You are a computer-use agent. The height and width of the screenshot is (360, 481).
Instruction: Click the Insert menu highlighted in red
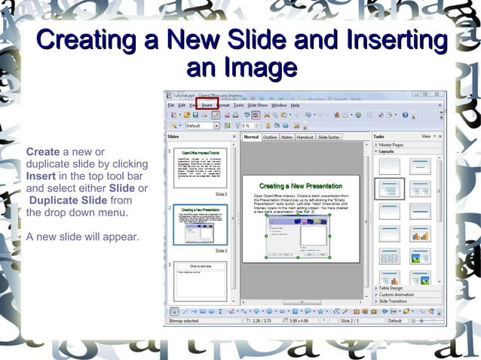[207, 105]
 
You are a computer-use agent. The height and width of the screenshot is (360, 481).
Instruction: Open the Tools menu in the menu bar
[238, 105]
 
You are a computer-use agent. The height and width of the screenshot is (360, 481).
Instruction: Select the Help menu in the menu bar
[296, 105]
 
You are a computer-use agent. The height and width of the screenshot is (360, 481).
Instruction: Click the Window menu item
[279, 105]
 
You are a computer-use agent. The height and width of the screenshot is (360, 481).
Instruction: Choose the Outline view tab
[270, 137]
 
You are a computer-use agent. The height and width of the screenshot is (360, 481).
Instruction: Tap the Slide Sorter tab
[329, 137]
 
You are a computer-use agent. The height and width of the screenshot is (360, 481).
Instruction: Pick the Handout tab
[305, 137]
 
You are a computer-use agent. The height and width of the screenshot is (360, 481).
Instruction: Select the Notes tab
[287, 137]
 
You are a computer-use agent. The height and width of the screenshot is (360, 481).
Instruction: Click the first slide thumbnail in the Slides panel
[200, 168]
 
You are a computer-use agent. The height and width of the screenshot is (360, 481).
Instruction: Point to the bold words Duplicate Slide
[69, 200]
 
